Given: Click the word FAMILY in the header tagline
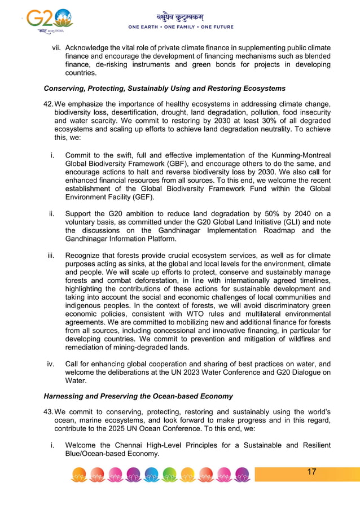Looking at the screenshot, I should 181,27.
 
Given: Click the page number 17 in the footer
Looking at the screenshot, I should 311,472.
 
